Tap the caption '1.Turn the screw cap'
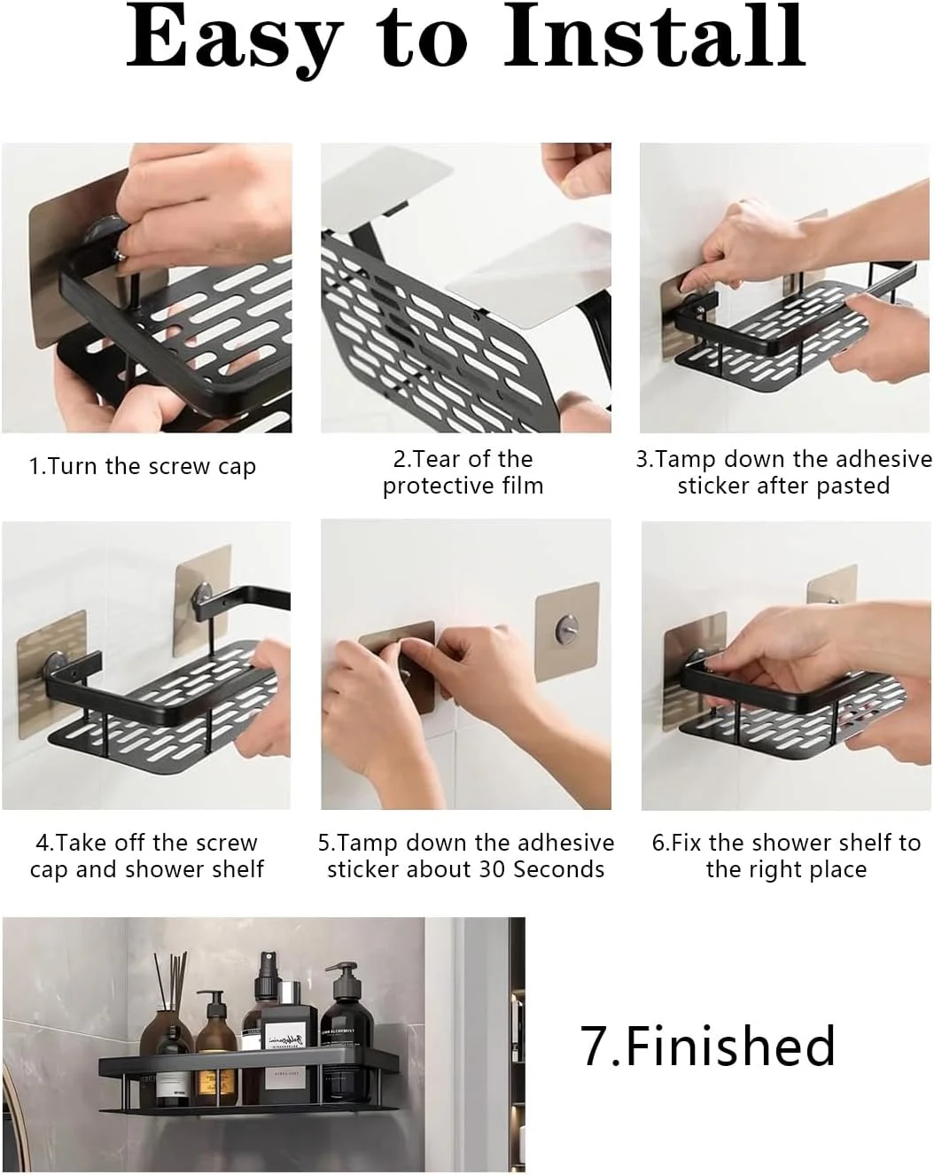coord(143,467)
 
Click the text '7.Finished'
coord(708,1047)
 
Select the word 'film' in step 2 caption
coord(524,486)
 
